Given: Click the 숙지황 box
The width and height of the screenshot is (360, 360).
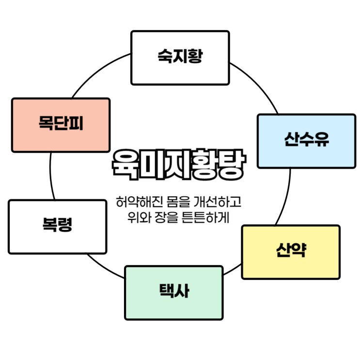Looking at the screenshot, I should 180,58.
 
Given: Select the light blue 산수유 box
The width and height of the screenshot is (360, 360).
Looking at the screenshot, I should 306,141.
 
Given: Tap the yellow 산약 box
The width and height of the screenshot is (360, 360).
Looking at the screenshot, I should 291,252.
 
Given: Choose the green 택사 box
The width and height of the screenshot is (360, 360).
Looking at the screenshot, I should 174,293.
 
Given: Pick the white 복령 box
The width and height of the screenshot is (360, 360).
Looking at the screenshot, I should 57,227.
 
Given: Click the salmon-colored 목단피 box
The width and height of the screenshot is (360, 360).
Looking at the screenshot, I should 61,125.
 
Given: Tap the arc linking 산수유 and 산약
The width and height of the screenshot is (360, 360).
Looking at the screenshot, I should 287,196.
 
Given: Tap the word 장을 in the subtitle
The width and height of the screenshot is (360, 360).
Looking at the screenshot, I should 169,216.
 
